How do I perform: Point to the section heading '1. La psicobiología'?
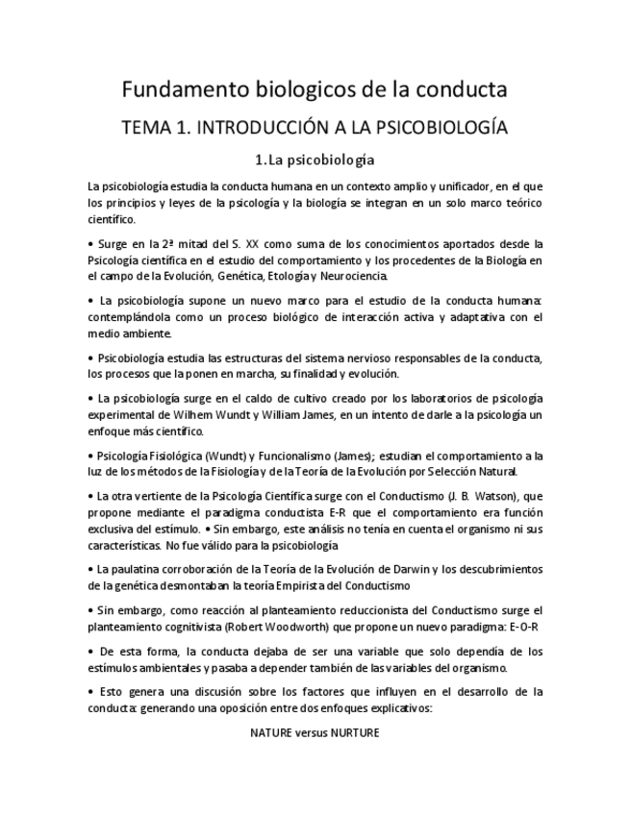click(315, 159)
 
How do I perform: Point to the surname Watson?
click(490, 495)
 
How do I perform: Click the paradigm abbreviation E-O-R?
click(521, 626)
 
